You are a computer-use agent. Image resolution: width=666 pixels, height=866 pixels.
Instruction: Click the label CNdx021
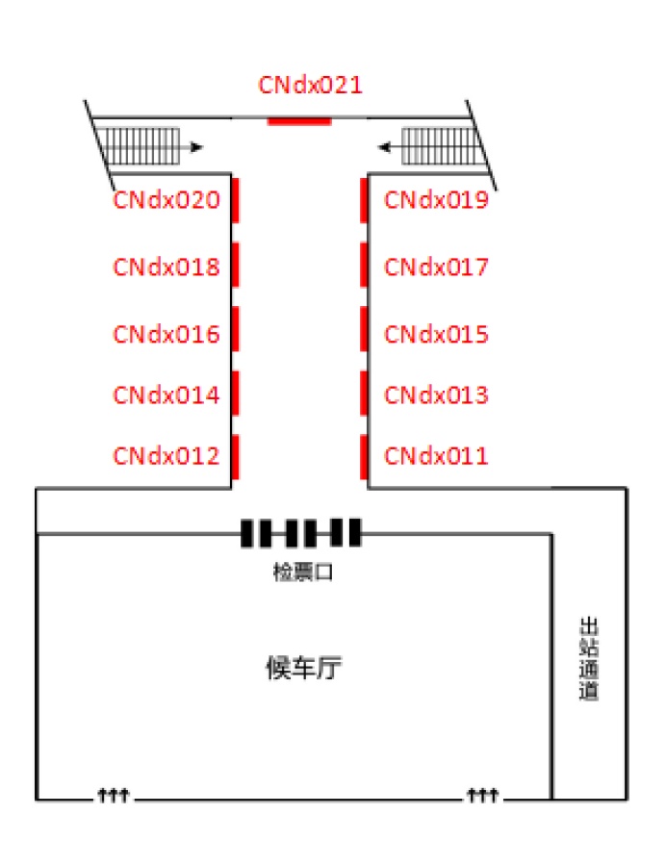[310, 85]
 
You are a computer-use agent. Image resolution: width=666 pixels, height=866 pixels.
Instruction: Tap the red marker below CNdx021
[299, 120]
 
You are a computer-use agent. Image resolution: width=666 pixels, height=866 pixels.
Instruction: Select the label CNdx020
[166, 200]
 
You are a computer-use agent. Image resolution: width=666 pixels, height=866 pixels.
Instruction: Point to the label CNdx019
[436, 200]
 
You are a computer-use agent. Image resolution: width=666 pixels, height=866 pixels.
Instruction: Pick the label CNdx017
[436, 267]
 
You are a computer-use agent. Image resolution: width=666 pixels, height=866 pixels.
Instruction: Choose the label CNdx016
[166, 334]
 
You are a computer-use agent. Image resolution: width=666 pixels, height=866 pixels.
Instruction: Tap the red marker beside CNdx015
[364, 329]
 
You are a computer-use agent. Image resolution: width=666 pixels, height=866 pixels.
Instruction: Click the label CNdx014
[166, 395]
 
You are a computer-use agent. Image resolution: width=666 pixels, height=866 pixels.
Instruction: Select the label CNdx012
[166, 455]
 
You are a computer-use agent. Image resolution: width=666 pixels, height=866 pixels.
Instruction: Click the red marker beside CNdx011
[364, 456]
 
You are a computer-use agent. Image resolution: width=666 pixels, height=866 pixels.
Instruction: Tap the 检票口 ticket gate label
[302, 573]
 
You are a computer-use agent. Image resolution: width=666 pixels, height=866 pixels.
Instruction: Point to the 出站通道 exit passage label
[589, 659]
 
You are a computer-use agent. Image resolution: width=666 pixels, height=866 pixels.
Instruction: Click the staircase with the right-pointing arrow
[141, 146]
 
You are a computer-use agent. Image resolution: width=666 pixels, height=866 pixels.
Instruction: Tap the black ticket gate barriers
[301, 532]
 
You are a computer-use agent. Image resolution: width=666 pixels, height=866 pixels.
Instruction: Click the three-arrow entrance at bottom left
[114, 795]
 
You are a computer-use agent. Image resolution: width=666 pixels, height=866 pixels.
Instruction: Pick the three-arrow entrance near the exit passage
[482, 795]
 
